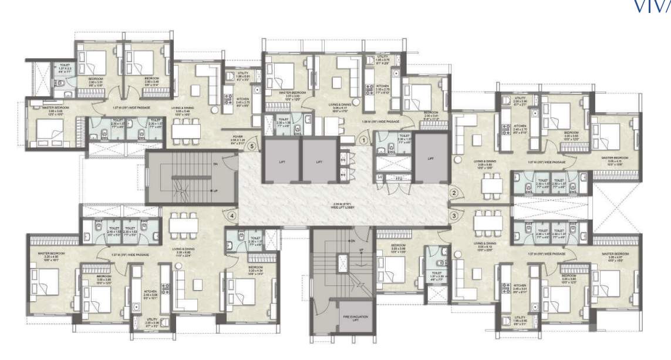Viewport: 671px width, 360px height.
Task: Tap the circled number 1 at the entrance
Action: click(x=363, y=140)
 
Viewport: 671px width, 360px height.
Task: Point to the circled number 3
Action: click(x=453, y=216)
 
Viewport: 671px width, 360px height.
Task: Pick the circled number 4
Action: click(x=233, y=216)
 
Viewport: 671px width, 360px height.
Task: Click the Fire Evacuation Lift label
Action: click(x=355, y=318)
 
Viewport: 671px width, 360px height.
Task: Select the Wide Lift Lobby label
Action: click(x=342, y=206)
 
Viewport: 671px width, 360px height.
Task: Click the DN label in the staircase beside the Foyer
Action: click(x=215, y=164)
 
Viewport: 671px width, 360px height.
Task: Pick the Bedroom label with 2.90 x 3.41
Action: click(x=431, y=114)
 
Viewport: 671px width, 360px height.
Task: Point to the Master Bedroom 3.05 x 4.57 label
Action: click(x=615, y=255)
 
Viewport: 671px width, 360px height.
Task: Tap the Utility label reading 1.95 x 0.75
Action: click(x=382, y=60)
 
